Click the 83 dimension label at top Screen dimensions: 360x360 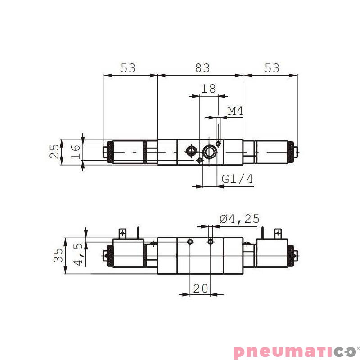(x=202, y=68)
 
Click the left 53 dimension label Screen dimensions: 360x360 (x=128, y=68)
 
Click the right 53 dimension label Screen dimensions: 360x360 (x=272, y=68)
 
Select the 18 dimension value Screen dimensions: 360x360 (x=208, y=89)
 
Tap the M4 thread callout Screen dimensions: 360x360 (x=235, y=111)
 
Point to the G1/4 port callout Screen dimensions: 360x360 (x=238, y=179)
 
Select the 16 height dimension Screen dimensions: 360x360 (x=75, y=152)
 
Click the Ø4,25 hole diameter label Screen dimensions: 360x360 (x=239, y=219)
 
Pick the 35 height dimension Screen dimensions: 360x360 (x=58, y=256)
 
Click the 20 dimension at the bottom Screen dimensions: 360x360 (x=201, y=288)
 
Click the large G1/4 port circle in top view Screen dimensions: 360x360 (x=209, y=152)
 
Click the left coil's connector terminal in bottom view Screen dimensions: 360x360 (x=122, y=233)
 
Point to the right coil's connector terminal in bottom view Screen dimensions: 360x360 (x=278, y=233)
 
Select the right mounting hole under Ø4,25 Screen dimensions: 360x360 (x=210, y=242)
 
